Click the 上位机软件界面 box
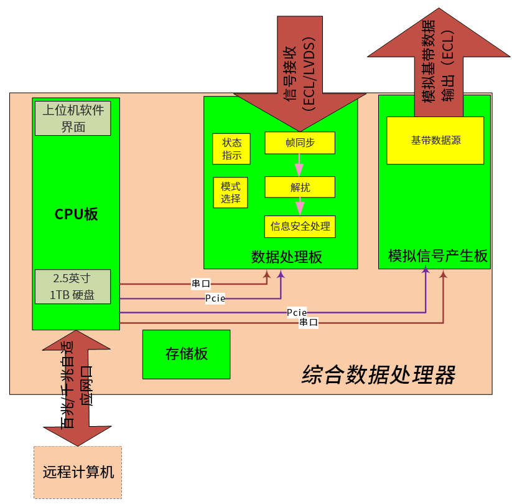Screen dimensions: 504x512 [73, 118]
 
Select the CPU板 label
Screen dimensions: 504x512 [76, 214]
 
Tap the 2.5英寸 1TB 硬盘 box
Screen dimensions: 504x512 [73, 287]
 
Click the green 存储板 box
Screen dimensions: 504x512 [186, 354]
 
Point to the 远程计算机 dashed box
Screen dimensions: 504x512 [78, 472]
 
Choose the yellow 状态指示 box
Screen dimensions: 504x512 [231, 149]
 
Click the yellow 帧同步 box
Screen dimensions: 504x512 [300, 143]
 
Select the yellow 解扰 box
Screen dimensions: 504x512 [300, 187]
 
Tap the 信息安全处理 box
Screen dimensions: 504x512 [300, 226]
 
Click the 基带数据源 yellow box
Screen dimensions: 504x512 [435, 141]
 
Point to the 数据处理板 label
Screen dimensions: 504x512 [287, 257]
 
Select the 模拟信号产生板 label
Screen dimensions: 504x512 [437, 256]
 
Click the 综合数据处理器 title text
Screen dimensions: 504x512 [378, 375]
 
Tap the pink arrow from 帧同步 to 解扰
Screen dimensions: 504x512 [299, 165]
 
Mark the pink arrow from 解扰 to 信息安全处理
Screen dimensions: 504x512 [300, 206]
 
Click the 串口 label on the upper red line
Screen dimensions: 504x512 [200, 284]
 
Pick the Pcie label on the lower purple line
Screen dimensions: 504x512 [296, 311]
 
